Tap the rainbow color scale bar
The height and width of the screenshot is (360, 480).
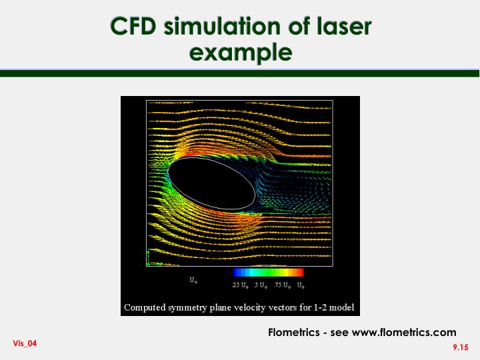[268, 273]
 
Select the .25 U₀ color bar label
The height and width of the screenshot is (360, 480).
[240, 285]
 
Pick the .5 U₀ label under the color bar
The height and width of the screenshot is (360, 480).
[260, 285]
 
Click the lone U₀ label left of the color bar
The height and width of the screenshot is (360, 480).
[193, 280]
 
